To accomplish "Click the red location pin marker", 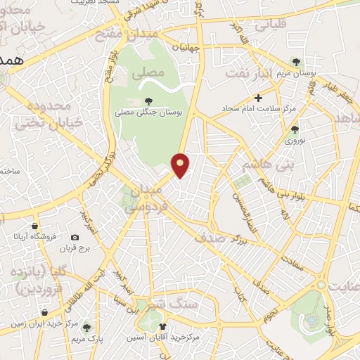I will [181, 165].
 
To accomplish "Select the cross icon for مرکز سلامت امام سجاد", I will [258, 98].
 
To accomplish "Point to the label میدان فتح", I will [141, 34].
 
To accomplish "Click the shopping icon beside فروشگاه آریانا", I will [34, 226].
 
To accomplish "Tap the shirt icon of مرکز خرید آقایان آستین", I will [163, 326].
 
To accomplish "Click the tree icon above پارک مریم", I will [86, 326].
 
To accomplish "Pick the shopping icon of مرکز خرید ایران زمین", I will [45, 312].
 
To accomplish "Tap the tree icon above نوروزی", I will [294, 129].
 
